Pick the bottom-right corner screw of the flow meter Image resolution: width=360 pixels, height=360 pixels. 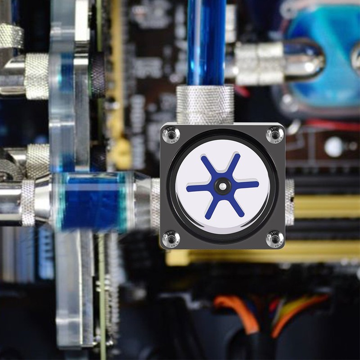[x=275, y=238]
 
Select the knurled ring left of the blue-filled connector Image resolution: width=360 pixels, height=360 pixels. [x=28, y=202]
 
